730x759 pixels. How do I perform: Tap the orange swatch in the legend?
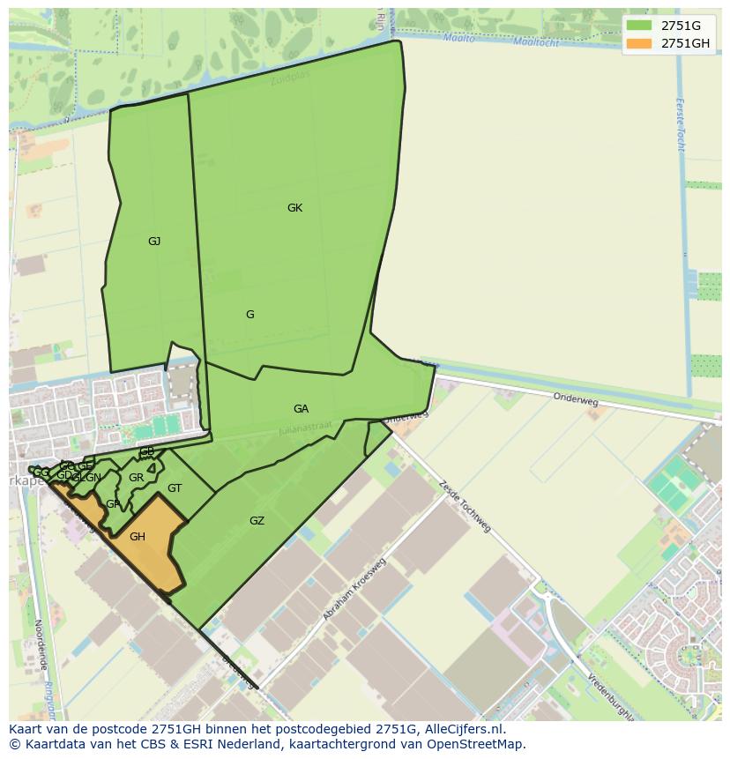pos(640,43)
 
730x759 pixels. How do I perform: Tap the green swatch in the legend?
pos(640,26)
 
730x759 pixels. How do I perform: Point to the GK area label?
pos(294,208)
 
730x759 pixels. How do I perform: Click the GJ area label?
pos(154,241)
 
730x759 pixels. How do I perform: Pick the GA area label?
pos(301,409)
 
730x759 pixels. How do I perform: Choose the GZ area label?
pos(257,521)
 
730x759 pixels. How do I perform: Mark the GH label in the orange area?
pos(138,536)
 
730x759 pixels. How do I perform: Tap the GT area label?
pos(175,488)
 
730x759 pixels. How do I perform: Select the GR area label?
pos(136,478)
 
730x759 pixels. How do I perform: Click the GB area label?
pos(147,452)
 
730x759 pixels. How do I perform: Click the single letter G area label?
pos(250,315)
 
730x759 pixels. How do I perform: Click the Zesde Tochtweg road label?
pos(464,506)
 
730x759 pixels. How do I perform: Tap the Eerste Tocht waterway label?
pos(680,123)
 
